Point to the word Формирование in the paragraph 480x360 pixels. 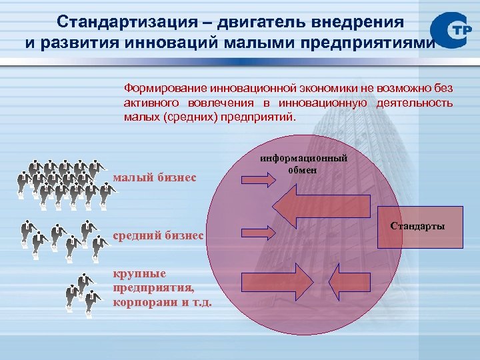(x=165, y=87)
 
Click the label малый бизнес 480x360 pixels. (x=155, y=177)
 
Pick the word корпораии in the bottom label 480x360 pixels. (x=139, y=302)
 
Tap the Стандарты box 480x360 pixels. (x=418, y=227)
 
